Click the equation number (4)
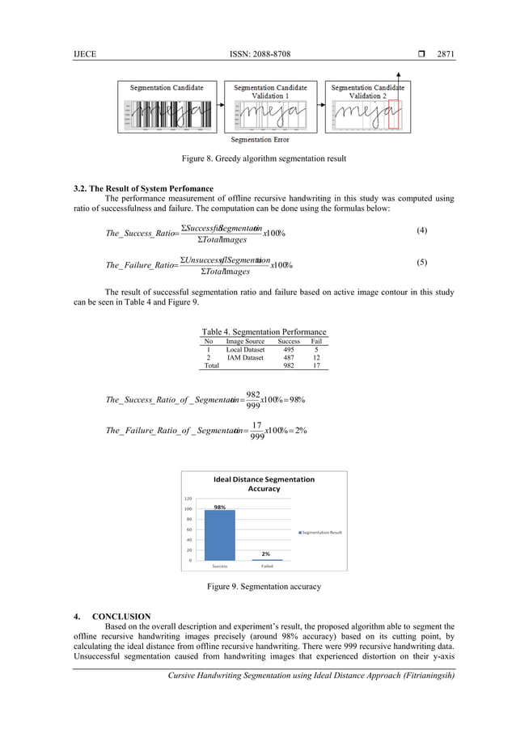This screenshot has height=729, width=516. [x=421, y=230]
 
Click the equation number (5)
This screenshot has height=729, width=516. [x=421, y=263]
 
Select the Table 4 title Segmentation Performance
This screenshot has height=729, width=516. [x=264, y=331]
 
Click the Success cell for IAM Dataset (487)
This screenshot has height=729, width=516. [x=289, y=357]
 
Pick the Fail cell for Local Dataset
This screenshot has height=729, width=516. [x=316, y=349]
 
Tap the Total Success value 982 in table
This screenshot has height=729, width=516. [x=289, y=365]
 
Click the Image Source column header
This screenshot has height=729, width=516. [x=245, y=341]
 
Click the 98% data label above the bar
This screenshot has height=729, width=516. [x=219, y=506]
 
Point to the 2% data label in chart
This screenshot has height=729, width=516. [x=265, y=554]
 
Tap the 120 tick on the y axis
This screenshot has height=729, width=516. [x=188, y=499]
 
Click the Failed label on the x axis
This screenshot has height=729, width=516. [x=266, y=567]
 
